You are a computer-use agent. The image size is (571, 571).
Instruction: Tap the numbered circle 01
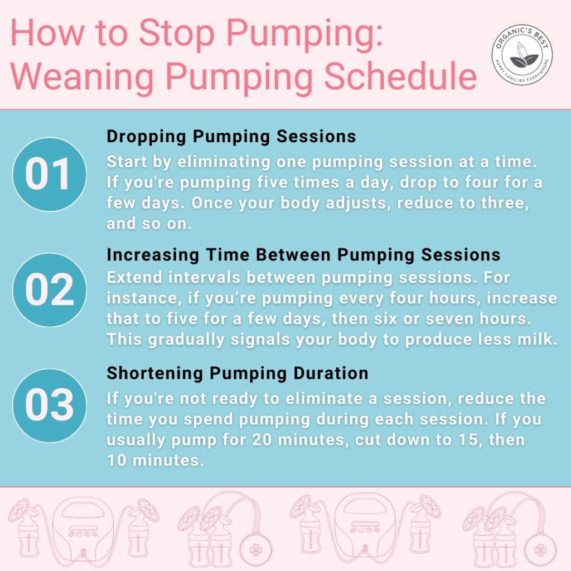[x=50, y=174]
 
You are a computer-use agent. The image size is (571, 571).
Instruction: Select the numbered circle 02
[x=50, y=290]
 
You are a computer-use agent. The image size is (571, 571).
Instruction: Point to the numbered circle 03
[x=50, y=405]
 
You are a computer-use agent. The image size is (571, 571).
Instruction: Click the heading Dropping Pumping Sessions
[x=231, y=137]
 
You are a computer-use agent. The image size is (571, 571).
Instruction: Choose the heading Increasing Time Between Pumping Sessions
[x=303, y=255]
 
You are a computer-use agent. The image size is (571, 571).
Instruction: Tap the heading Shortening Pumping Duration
[x=238, y=374]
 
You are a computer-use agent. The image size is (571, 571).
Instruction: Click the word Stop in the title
[x=177, y=33]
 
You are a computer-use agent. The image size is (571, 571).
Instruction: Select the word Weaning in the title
[x=83, y=77]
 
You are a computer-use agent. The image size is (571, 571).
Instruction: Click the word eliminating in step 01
[x=224, y=162]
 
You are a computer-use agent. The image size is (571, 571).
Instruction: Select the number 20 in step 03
[x=262, y=440]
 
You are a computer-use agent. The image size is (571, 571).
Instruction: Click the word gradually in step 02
[x=186, y=340]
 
